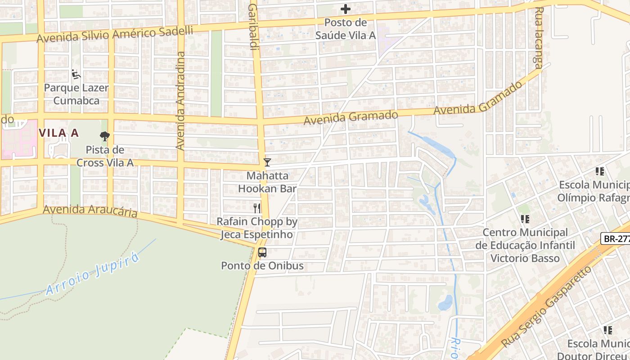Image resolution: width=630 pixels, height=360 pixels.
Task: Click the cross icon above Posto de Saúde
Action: pos(345,9)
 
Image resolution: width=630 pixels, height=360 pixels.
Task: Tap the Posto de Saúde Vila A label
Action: pos(346,29)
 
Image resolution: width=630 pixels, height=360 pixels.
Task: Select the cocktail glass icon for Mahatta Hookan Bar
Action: pos(267,162)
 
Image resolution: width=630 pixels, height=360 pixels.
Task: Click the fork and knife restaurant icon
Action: pos(257,208)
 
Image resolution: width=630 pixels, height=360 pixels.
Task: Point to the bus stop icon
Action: pos(262,252)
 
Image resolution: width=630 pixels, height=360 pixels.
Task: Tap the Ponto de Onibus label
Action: pos(262,265)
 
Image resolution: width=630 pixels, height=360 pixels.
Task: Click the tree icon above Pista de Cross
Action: pos(105,136)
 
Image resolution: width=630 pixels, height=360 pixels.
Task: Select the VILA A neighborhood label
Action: pos(58,133)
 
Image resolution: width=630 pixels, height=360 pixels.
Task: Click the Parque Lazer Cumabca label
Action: pos(76,94)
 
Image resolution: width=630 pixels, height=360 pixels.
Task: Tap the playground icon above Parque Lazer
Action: pos(76,74)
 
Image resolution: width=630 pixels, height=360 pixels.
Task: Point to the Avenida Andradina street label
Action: pos(180,101)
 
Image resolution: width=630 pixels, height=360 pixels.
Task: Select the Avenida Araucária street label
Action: pos(90,211)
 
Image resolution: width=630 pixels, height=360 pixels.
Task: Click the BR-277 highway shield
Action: pos(616,238)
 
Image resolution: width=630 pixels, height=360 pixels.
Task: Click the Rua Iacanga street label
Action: pos(538,40)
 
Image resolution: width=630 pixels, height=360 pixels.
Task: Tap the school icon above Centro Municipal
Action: pos(525,219)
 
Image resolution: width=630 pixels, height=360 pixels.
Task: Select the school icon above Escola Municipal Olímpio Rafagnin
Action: pos(599,171)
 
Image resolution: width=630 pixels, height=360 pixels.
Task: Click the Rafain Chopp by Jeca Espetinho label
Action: pos(256,228)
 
